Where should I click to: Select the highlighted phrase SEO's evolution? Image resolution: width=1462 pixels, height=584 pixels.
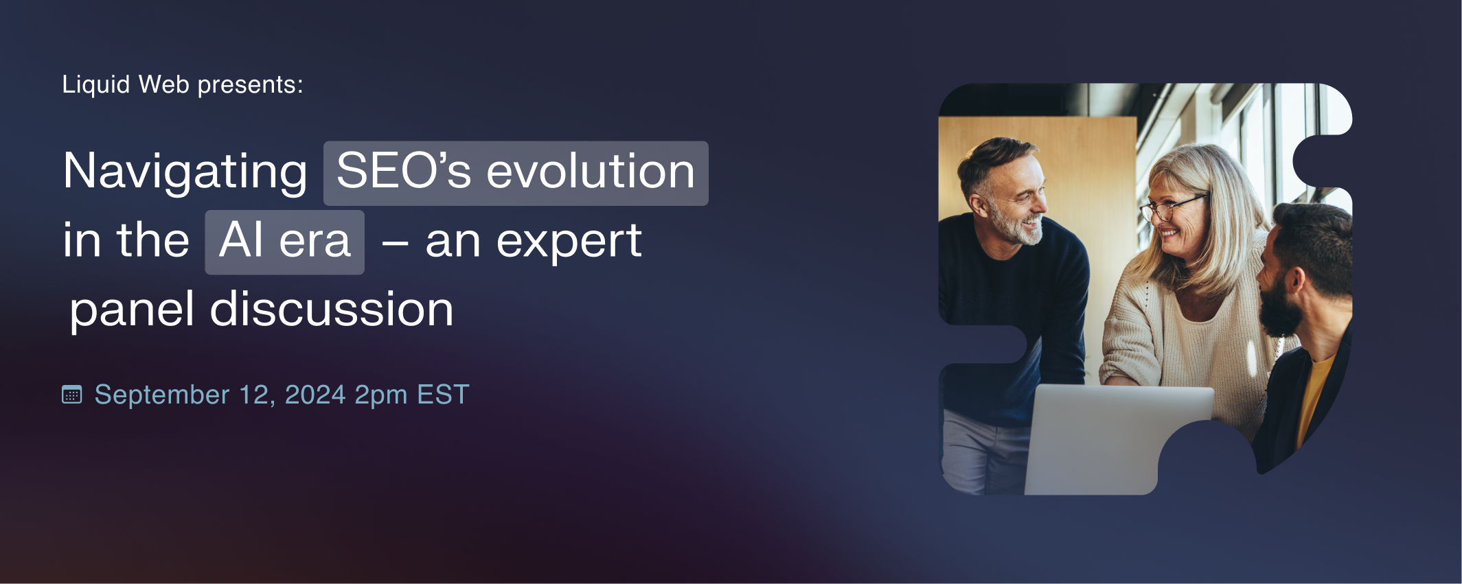coord(516,173)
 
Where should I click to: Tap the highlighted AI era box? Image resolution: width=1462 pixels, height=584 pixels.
coord(284,242)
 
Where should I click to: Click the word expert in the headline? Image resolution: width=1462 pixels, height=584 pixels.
coord(569,242)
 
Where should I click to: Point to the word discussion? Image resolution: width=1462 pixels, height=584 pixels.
coord(332,309)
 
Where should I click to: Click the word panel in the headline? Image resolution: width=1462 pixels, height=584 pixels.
coord(132,311)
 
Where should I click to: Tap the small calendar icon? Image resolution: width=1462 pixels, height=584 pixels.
coord(71,395)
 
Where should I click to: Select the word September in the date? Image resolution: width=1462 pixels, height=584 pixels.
coord(162,396)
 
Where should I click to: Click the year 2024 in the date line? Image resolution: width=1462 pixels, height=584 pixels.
coord(315,395)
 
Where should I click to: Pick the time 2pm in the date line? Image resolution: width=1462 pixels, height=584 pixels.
coord(381,396)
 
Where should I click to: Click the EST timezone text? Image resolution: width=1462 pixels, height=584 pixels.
coord(443,395)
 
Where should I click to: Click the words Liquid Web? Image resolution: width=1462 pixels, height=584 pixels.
coord(126,85)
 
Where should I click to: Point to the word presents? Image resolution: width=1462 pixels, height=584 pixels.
coord(251,86)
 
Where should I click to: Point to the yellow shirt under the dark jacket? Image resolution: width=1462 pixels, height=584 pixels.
coord(1312,398)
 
